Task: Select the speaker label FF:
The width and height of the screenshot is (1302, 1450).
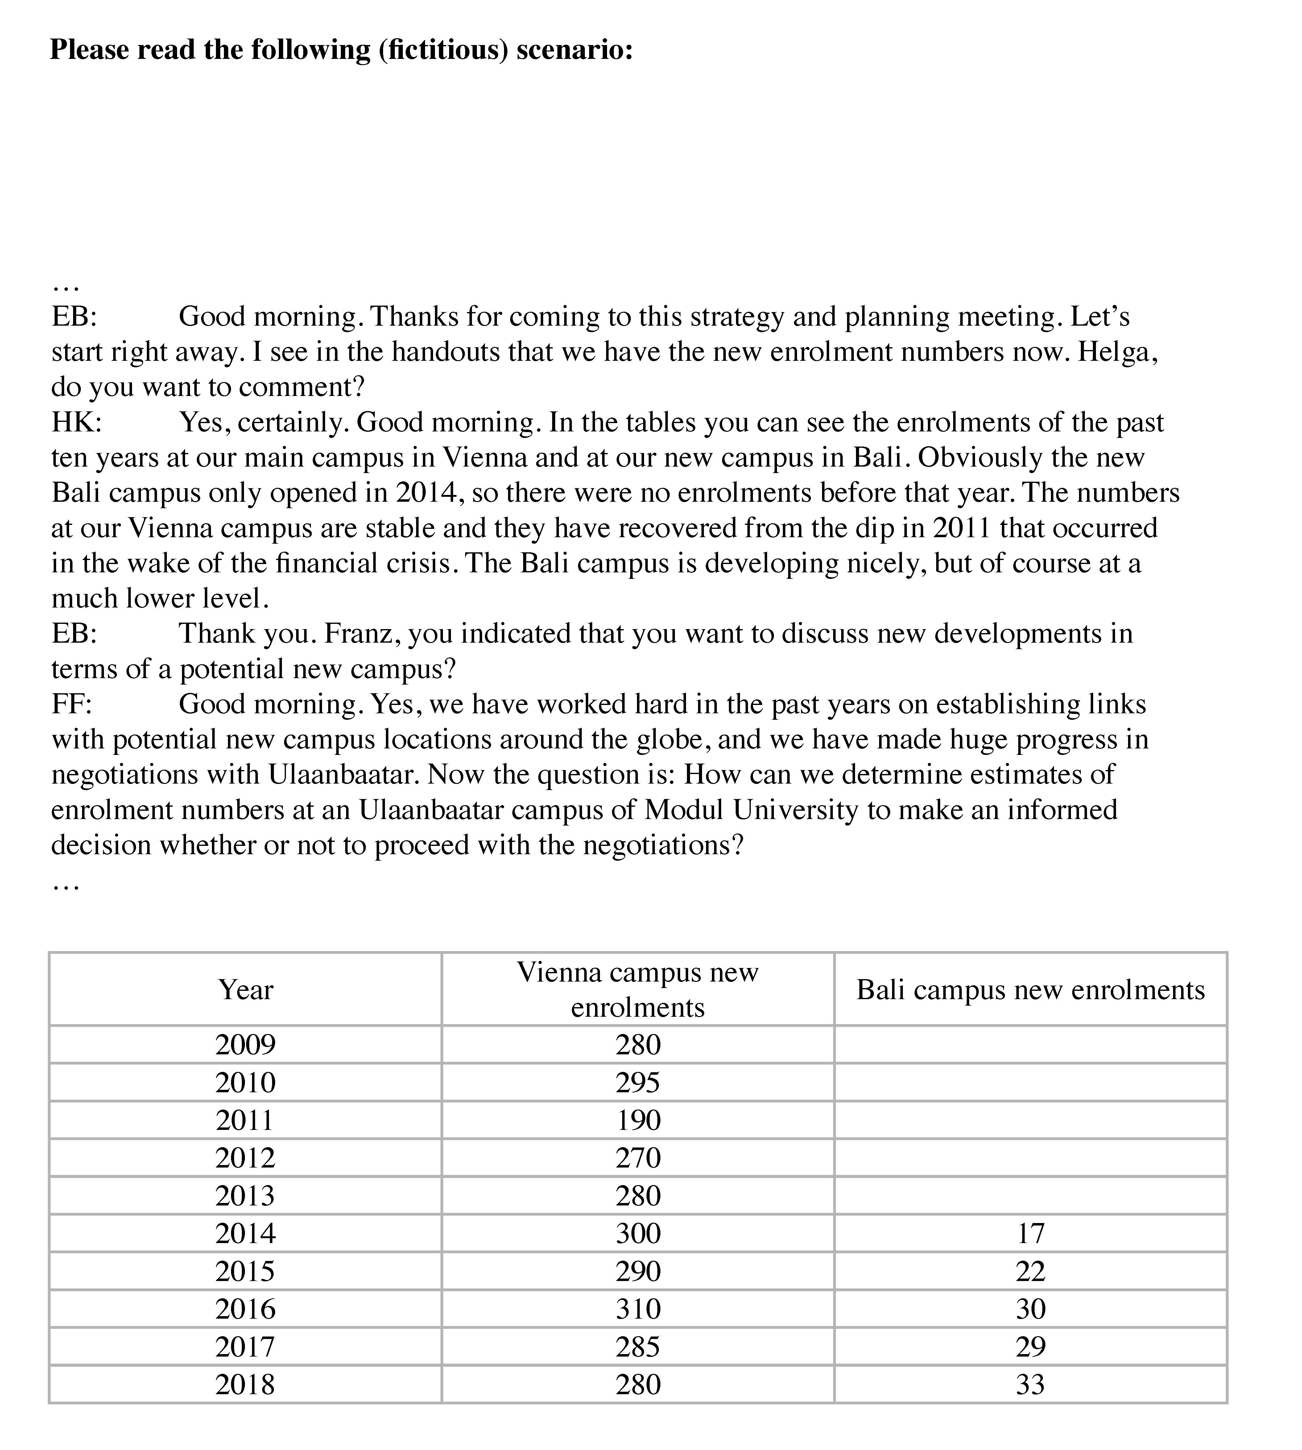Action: click(x=72, y=705)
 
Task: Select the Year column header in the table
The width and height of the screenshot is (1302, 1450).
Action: click(x=245, y=990)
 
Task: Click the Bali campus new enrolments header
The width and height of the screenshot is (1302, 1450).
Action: click(x=1030, y=990)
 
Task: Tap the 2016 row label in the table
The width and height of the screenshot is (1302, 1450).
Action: click(x=245, y=1309)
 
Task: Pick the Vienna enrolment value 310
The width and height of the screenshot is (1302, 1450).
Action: click(x=638, y=1309)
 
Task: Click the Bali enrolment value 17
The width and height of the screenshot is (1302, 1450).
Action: click(x=1030, y=1233)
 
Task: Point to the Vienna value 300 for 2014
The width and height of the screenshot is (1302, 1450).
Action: click(x=638, y=1233)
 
